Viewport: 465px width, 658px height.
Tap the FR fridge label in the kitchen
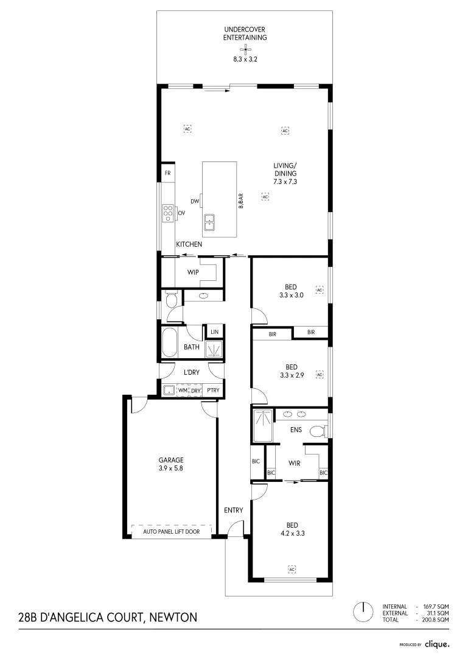(167, 174)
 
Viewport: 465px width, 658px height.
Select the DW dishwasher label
(195, 201)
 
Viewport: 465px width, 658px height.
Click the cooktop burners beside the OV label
(168, 213)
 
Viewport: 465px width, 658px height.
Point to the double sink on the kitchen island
(209, 221)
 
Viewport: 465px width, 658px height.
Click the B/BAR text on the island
(241, 201)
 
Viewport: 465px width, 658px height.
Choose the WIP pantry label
(194, 272)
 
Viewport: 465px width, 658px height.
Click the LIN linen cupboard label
(214, 332)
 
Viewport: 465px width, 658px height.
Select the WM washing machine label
(182, 391)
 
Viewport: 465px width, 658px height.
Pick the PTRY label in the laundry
(213, 391)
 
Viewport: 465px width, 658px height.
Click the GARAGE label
(171, 460)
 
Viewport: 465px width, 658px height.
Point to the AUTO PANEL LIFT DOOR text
(171, 532)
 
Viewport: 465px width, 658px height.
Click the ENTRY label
(233, 511)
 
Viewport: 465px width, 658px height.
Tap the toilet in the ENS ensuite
(317, 432)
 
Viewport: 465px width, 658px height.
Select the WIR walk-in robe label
(295, 463)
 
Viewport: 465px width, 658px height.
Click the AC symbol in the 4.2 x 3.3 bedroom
(292, 569)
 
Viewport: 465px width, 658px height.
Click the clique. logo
(436, 643)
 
